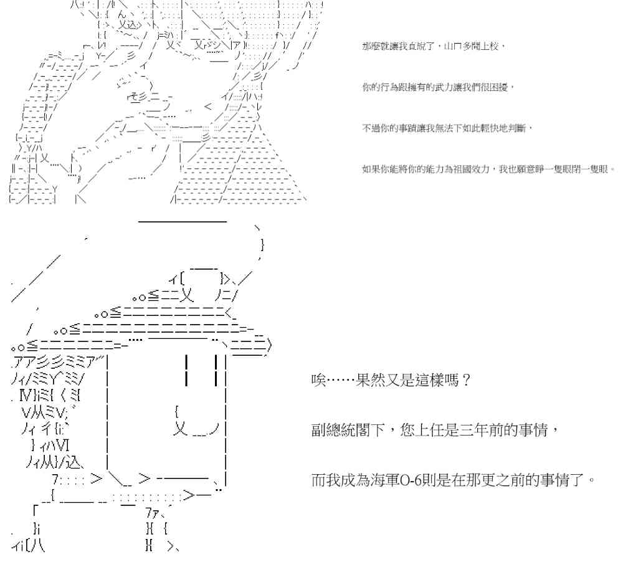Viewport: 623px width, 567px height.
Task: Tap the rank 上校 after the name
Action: [489, 46]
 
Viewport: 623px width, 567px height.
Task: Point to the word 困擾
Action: [498, 87]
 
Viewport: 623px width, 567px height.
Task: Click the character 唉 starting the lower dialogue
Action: [318, 380]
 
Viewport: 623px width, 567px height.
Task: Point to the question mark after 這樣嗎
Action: [466, 380]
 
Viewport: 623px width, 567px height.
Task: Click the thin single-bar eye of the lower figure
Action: [186, 370]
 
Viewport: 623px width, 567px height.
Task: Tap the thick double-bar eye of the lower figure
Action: [216, 370]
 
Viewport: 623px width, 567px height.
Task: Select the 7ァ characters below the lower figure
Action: [152, 513]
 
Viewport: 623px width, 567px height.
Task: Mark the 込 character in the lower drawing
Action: [74, 462]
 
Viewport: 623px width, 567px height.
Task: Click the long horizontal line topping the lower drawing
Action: [183, 221]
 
